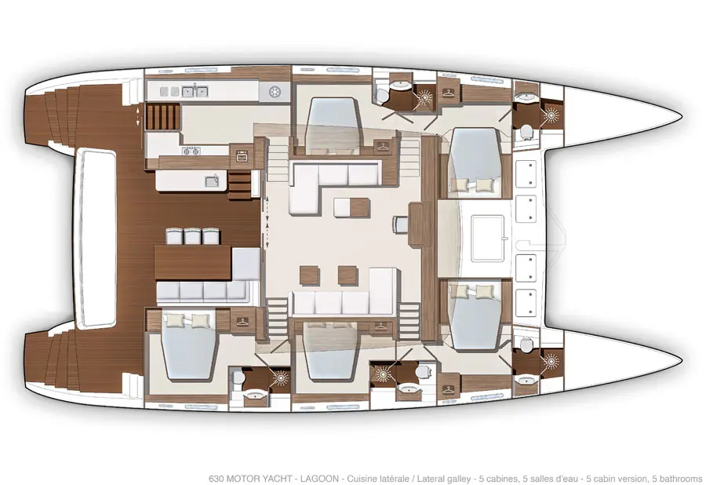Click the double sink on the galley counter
195,92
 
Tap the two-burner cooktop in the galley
191,151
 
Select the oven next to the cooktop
242,156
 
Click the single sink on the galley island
212,181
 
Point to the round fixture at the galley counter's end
275,92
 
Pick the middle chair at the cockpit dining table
192,236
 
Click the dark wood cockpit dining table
193,263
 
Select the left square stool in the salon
309,275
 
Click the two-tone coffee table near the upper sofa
351,208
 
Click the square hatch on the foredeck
488,239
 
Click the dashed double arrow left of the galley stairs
138,117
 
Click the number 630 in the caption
217,478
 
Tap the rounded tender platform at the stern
96,239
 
